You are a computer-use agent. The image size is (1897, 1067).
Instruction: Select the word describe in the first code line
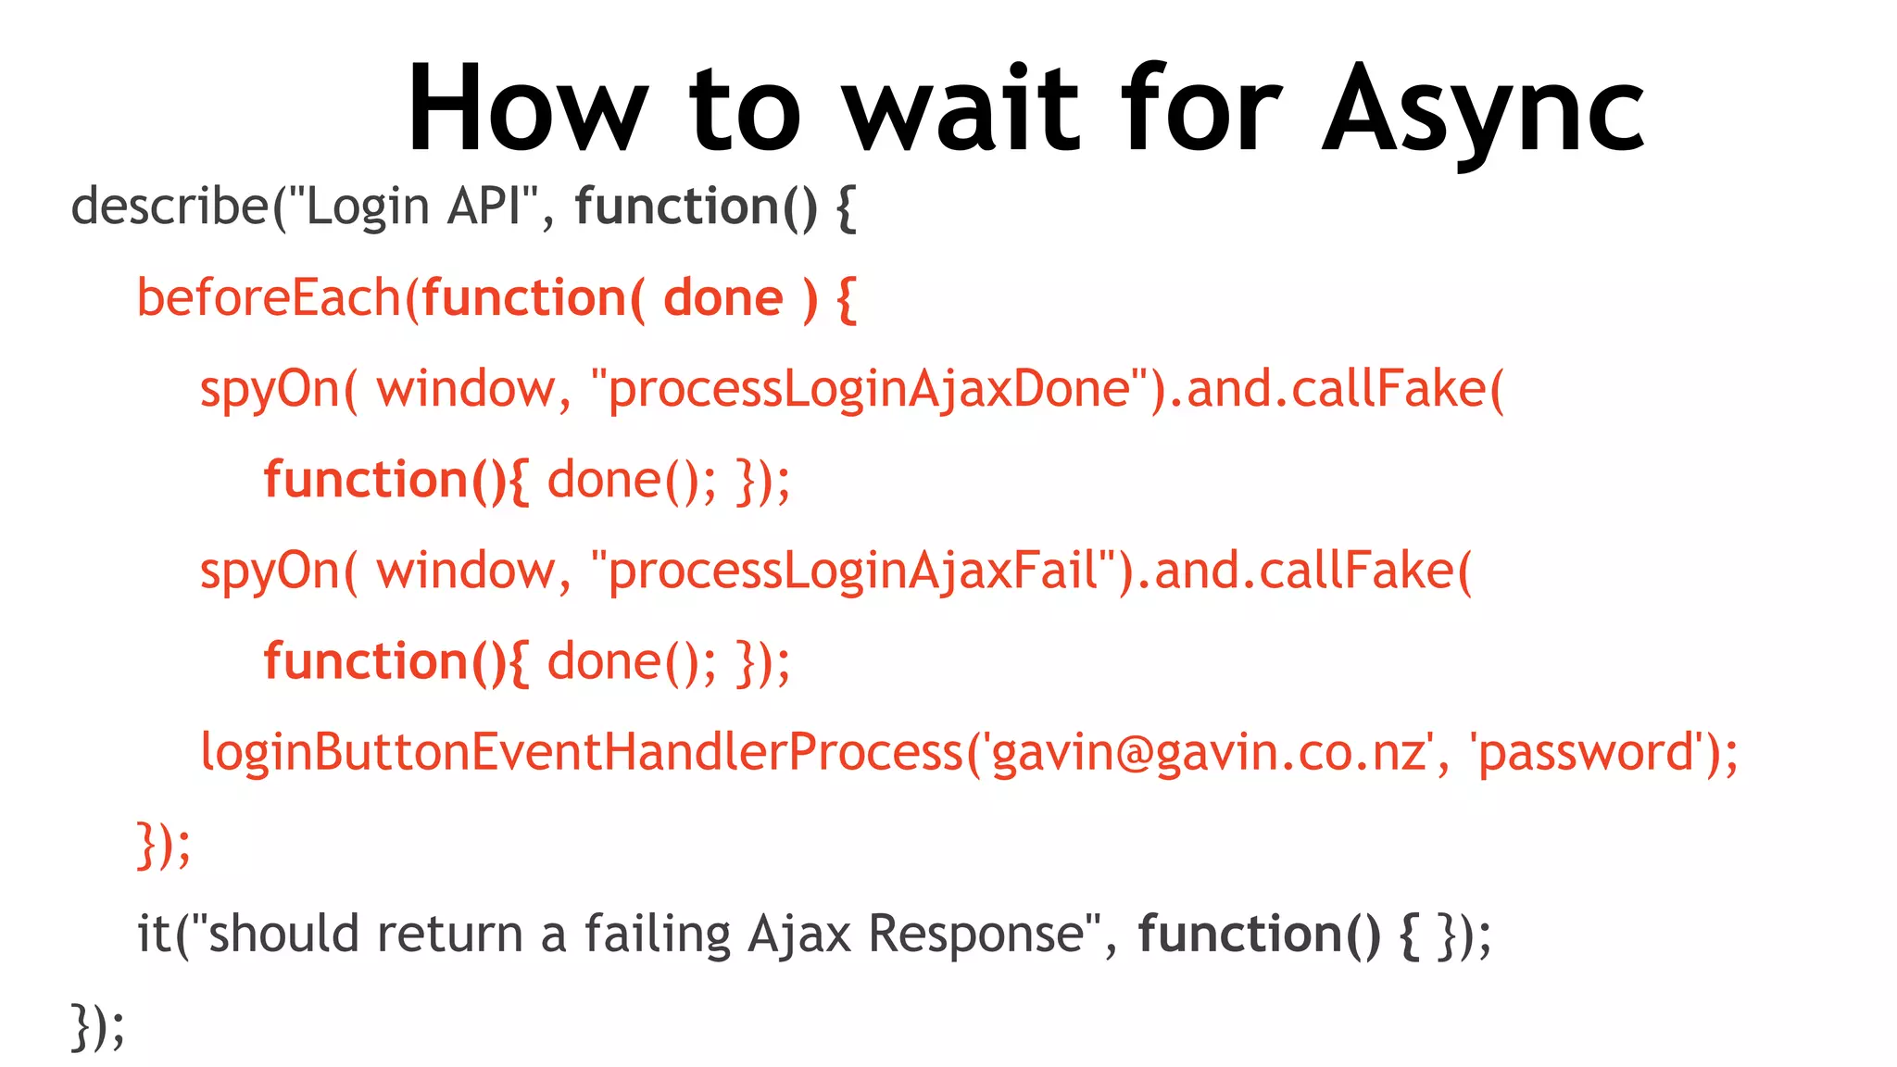click(170, 206)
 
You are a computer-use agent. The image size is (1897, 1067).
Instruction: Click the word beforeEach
click(269, 298)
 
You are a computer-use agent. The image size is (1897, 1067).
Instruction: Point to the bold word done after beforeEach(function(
click(723, 298)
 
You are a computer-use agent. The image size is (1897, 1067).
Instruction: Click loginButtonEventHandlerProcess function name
click(582, 752)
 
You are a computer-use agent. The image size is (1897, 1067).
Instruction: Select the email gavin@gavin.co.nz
click(1209, 752)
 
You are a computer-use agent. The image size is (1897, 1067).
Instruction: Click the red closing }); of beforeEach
click(164, 844)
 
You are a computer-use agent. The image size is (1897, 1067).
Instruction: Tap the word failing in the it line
click(658, 934)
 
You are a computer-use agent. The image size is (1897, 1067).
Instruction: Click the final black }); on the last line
click(97, 1026)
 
